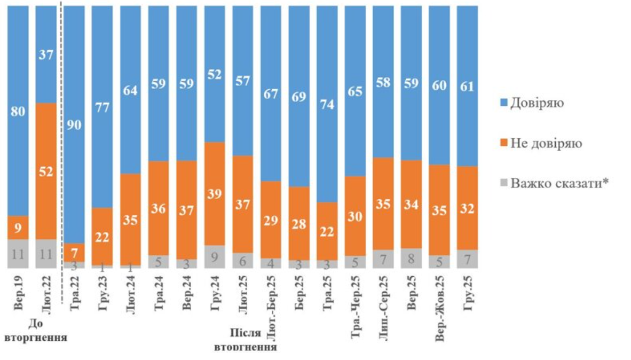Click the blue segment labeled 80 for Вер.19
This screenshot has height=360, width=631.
pos(18,111)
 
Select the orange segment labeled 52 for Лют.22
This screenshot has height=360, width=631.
pos(46,171)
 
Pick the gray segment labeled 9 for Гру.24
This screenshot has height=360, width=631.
pos(215,257)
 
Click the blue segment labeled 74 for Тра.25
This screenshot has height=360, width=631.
pos(327,104)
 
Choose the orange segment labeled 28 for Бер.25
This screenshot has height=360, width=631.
pos(299,223)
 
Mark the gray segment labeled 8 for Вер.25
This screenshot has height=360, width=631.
pos(412,258)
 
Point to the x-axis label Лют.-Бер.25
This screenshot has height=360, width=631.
pos(271,303)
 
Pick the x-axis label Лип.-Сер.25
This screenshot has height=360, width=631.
pos(384,303)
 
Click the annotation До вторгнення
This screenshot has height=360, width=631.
pos(35,331)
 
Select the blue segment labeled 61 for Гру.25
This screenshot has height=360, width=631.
pos(468,85)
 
